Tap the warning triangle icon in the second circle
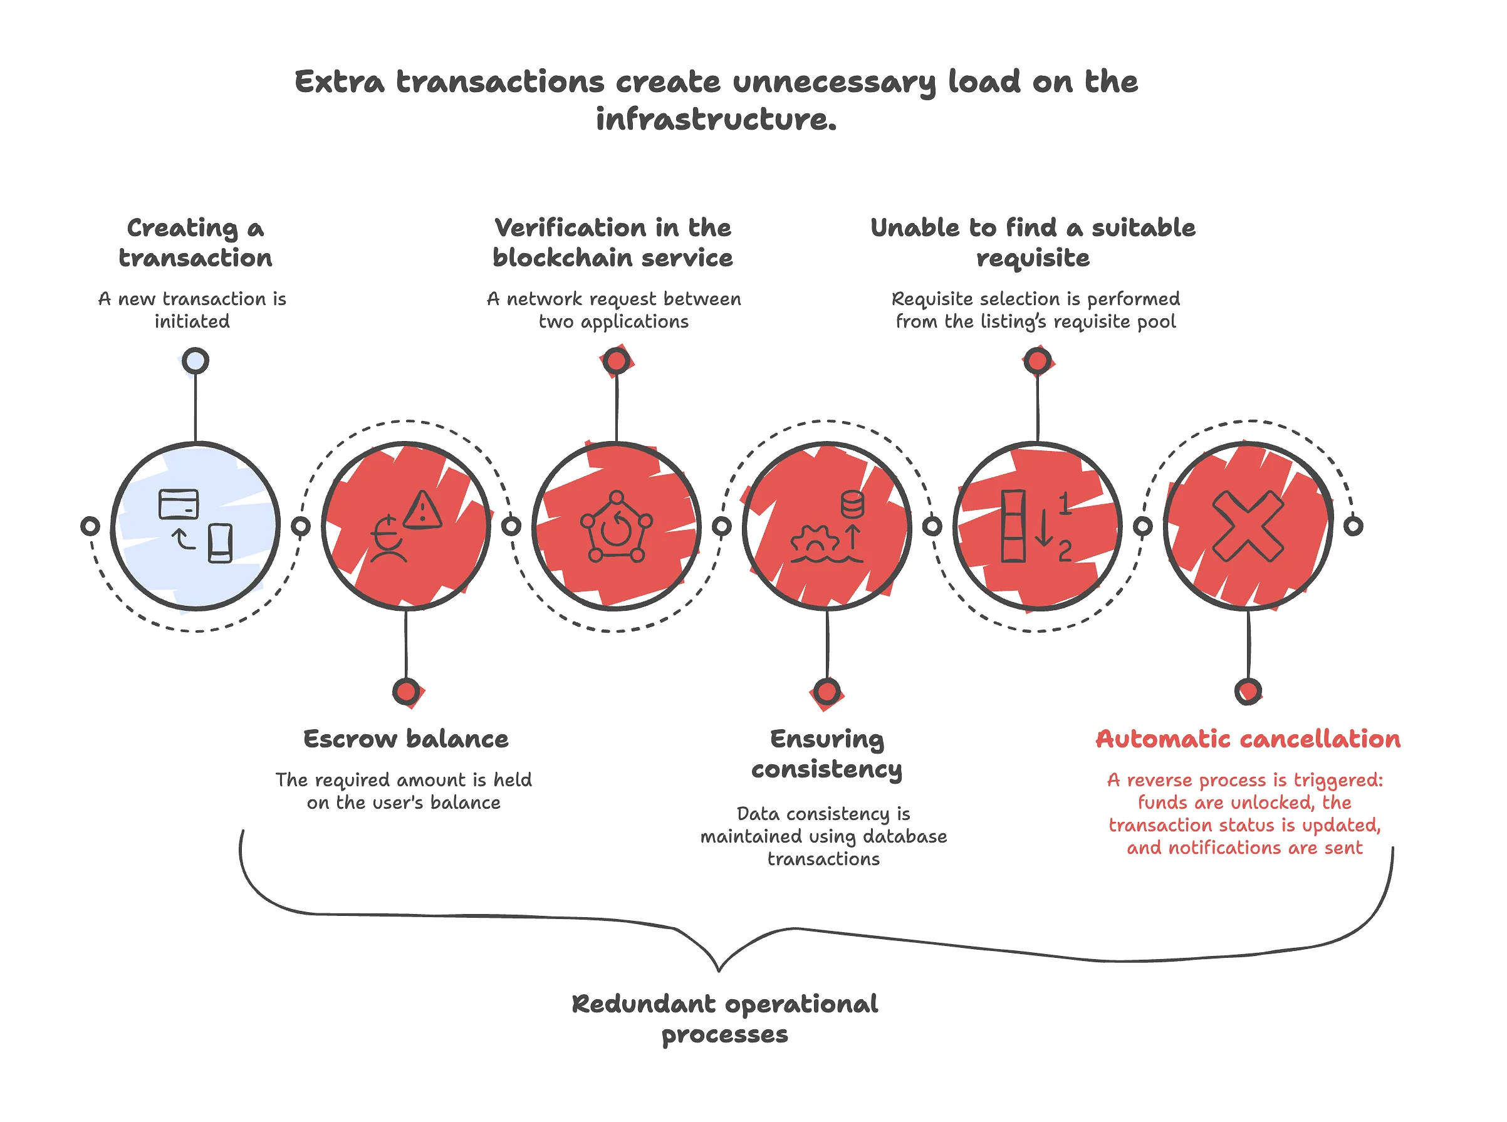[422, 510]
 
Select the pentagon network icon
[616, 526]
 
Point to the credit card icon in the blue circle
[179, 504]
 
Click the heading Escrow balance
[405, 739]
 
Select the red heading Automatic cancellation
[1248, 739]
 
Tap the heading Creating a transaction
[196, 242]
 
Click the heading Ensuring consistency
[827, 754]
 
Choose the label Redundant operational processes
[724, 1019]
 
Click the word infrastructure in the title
[716, 120]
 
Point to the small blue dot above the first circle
[196, 361]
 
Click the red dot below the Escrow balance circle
[406, 692]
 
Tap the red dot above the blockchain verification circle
[616, 361]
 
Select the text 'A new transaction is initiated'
[192, 309]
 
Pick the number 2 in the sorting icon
[1065, 550]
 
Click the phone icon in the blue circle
[220, 543]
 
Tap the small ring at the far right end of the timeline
[1353, 526]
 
